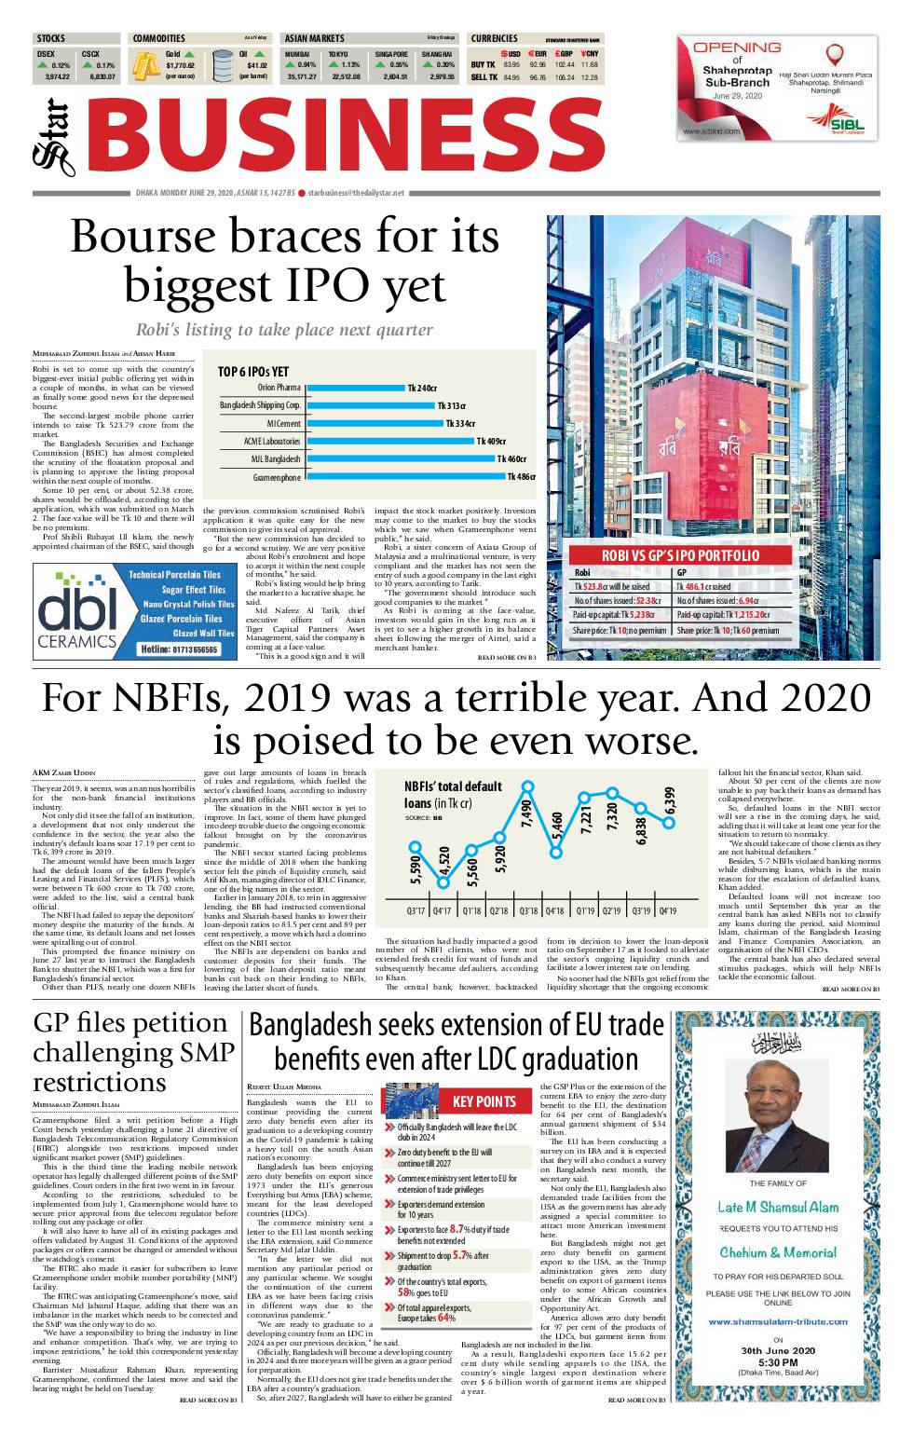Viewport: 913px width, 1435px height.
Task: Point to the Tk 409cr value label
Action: coord(491,442)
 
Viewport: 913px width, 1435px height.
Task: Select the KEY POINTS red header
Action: coord(484,1100)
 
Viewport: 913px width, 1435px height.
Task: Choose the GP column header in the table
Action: coord(682,573)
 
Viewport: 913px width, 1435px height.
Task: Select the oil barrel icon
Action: coord(224,68)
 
